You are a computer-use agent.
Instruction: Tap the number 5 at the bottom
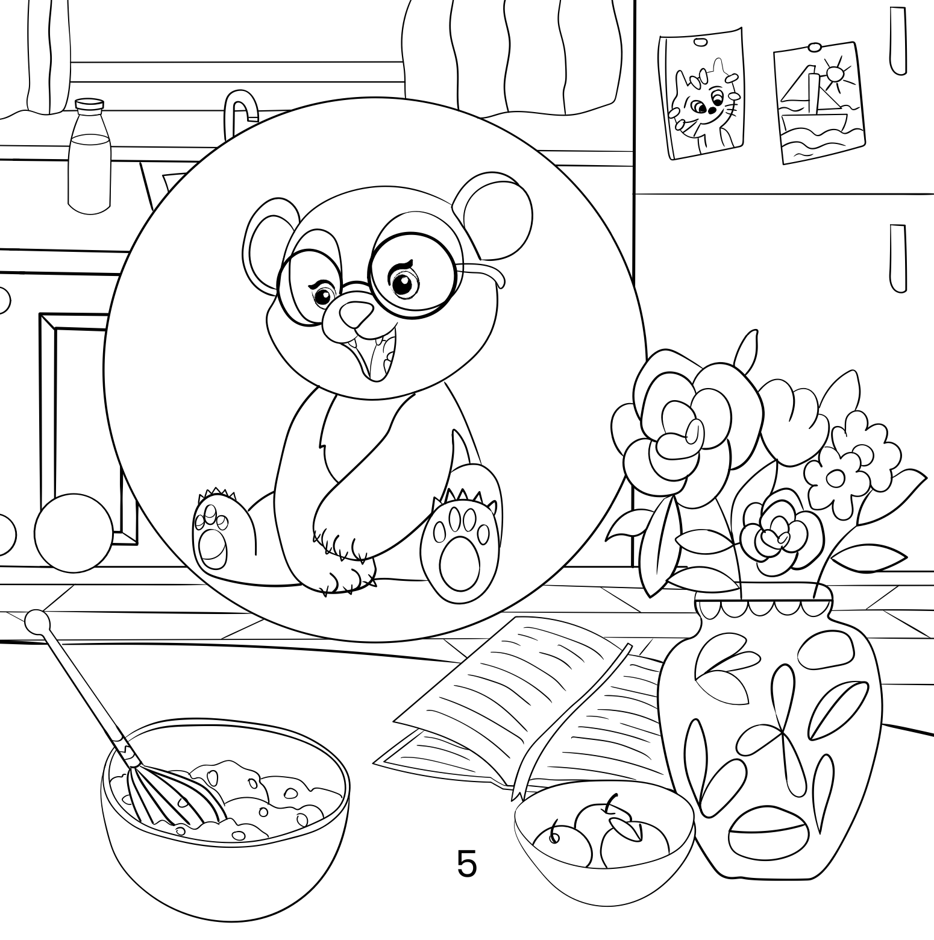pos(466,863)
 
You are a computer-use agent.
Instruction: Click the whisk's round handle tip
pos(37,621)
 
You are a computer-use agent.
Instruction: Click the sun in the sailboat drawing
pos(836,74)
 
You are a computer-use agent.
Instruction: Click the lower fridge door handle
pos(897,258)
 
